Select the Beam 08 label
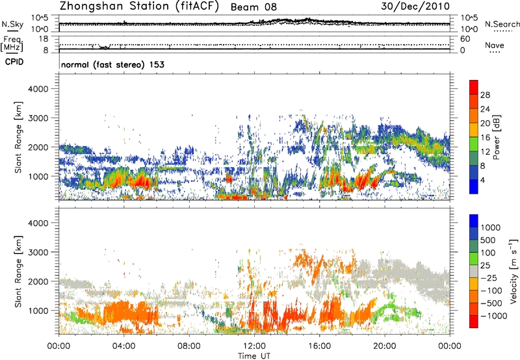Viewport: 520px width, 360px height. pos(253,6)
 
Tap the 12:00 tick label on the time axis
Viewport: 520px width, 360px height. pos(254,345)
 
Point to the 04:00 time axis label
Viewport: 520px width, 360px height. pos(124,345)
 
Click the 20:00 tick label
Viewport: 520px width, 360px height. pos(385,345)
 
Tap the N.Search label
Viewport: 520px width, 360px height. pos(502,24)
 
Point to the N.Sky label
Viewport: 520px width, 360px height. pos(11,24)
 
